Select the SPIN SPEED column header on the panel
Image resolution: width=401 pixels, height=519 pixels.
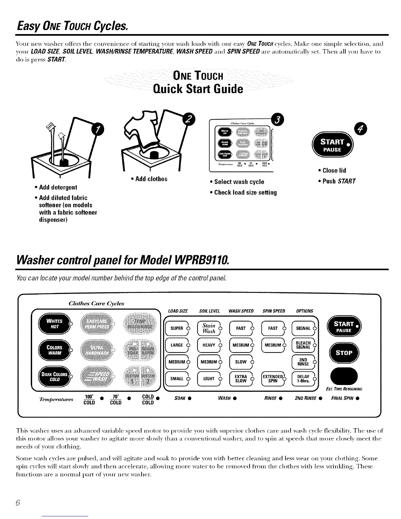click(x=274, y=311)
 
